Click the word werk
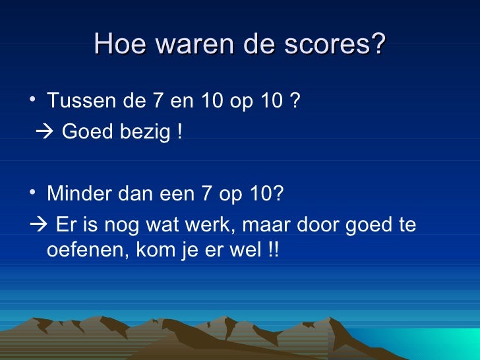coord(213,225)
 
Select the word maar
coord(265,225)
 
